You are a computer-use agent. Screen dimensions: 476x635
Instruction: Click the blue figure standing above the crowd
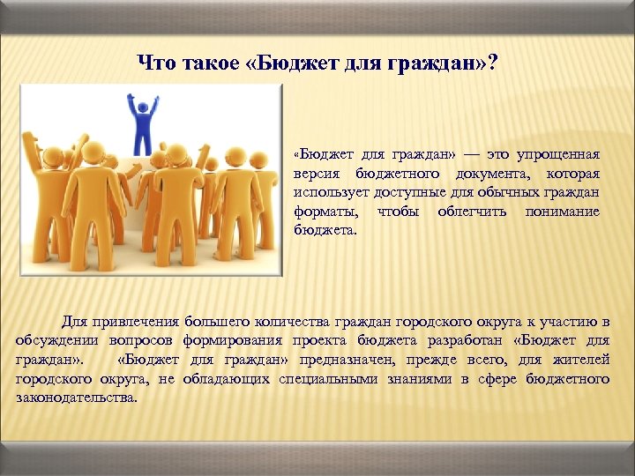143,128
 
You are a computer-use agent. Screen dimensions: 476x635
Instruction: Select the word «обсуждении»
58,340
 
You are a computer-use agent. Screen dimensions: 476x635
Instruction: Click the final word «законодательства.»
77,398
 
